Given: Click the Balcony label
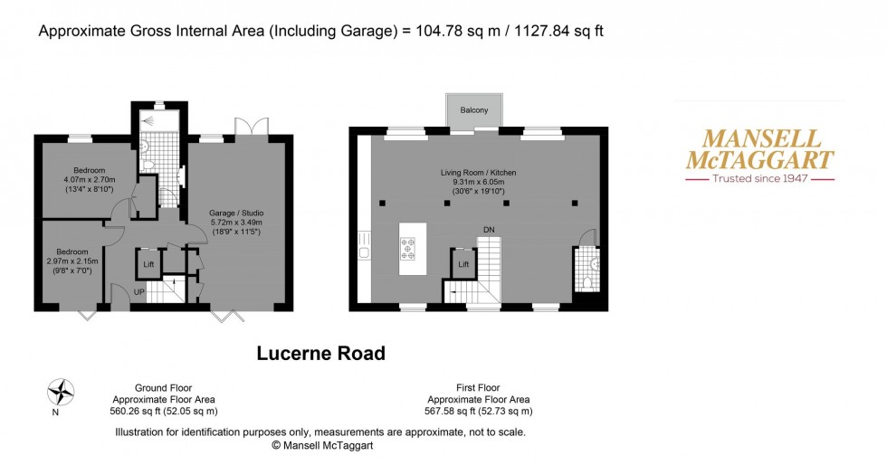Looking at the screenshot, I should (474, 110).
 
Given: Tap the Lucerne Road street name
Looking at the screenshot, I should (320, 353).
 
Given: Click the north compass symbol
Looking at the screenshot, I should (61, 392).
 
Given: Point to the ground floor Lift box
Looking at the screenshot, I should (148, 264).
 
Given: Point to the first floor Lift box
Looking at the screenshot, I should (463, 264).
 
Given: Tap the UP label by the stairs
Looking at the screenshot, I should (138, 291).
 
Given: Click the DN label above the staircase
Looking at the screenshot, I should (489, 230).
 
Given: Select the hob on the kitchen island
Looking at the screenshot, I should (406, 247).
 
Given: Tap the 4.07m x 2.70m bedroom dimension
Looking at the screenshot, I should (90, 180).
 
